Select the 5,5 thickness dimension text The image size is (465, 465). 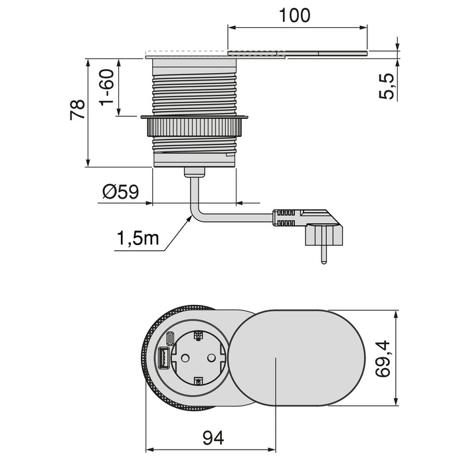(388, 86)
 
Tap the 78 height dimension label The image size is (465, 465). (78, 110)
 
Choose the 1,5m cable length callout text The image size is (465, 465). (138, 237)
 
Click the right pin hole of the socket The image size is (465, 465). (213, 358)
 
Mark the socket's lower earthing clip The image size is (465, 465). (197, 381)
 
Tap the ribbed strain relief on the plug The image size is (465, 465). (284, 217)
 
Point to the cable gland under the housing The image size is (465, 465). (194, 173)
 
